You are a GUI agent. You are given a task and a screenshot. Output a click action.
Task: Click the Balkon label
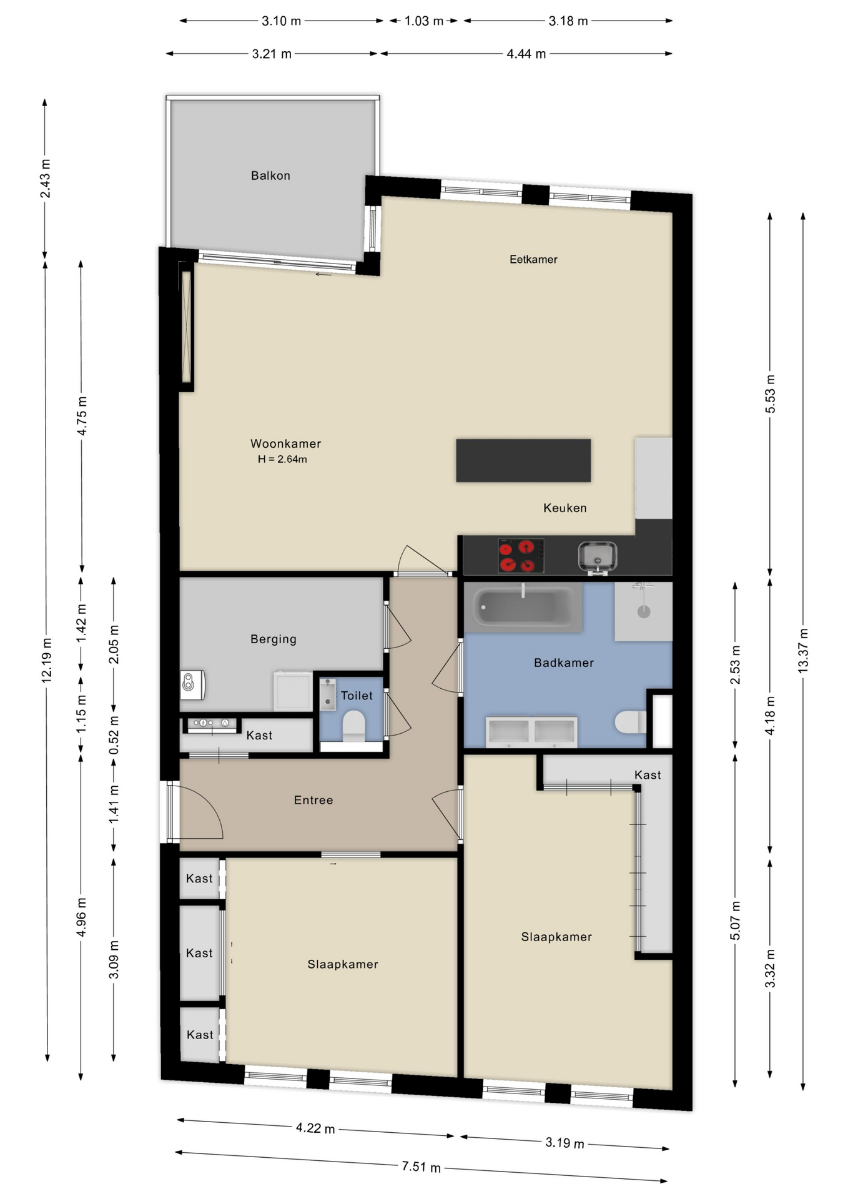coord(270,175)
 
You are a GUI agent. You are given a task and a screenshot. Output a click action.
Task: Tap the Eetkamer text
coord(533,259)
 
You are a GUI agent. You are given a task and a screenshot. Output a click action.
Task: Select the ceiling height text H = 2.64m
coord(282,459)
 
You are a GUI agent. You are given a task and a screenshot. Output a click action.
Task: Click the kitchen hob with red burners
coord(521,556)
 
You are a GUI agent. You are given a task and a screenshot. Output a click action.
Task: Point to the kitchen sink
coord(598,556)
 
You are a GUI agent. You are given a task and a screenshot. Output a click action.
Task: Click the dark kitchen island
coord(523,460)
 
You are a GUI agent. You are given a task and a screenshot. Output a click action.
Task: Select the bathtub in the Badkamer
coord(523,606)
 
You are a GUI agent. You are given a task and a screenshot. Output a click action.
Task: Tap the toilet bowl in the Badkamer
coord(630,723)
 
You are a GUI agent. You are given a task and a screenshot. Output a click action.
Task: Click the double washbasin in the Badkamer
coord(531,731)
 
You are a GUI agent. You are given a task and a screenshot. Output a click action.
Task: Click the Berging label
coord(274,639)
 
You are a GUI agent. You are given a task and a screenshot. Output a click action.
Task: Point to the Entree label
coord(313,800)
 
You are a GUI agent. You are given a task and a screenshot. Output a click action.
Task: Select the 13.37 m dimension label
coord(803,650)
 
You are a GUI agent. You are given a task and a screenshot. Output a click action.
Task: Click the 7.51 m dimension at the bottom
coord(421,1167)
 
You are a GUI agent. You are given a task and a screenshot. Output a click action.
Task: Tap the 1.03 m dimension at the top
coord(424,21)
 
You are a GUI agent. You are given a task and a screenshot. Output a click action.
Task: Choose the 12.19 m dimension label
coord(47,661)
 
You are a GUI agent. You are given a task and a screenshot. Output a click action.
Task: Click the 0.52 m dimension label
coord(114,735)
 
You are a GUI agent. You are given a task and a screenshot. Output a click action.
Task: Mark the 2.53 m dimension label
coord(735,664)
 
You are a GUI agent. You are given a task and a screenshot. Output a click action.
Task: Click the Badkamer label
coord(564,663)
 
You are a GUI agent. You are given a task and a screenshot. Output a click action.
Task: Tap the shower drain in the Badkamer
coord(644,611)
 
